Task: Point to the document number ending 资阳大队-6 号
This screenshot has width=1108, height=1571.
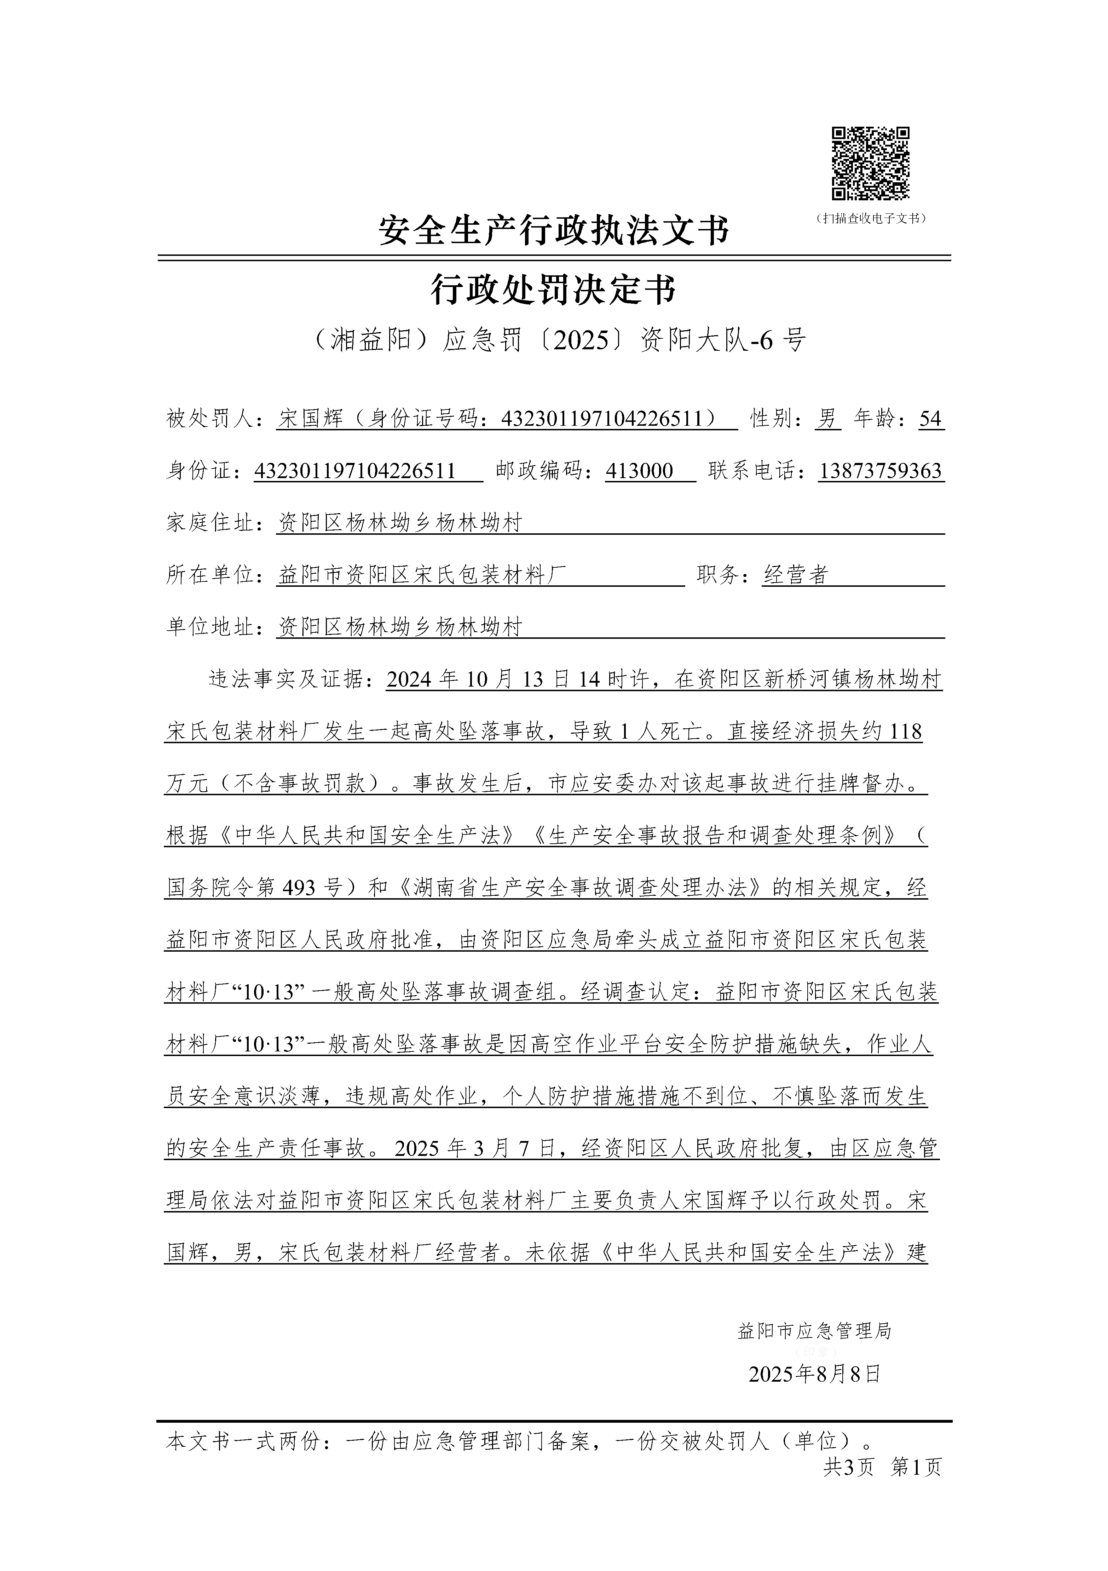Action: tap(554, 339)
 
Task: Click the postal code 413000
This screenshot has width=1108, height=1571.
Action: tap(640, 471)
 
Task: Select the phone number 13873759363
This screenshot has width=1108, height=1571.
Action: tap(880, 471)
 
